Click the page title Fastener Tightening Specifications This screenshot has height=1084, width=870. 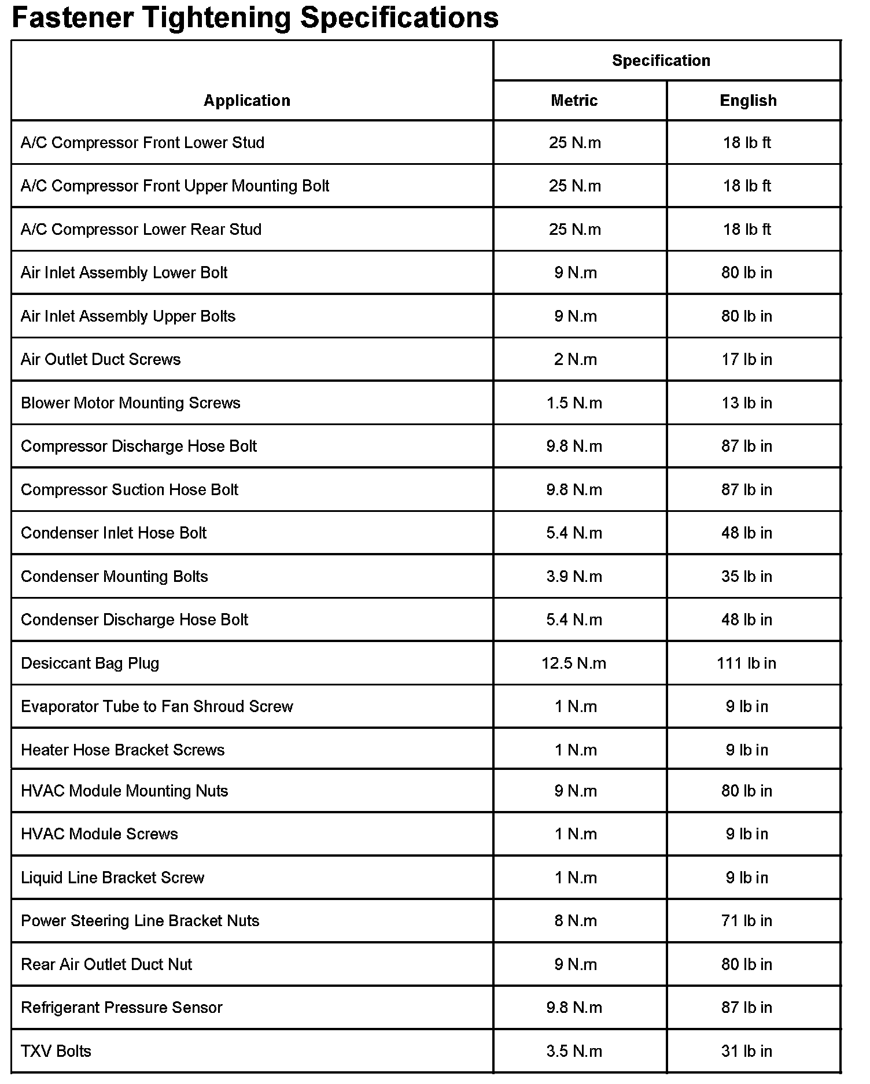point(255,17)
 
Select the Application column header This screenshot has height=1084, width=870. point(246,101)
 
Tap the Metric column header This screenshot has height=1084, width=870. point(574,101)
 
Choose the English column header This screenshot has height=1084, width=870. point(748,101)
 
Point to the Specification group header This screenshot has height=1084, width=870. point(661,61)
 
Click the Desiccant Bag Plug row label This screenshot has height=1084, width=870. point(90,663)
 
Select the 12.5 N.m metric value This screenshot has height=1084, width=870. point(574,663)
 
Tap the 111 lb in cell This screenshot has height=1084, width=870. point(746,663)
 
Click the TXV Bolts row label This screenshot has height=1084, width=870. point(56,1051)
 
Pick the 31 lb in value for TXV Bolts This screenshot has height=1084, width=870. point(746,1051)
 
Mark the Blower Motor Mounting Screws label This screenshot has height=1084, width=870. point(130,403)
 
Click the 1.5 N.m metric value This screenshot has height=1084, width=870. point(574,403)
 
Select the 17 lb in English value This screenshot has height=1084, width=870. point(746,359)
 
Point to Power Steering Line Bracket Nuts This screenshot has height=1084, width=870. point(140,921)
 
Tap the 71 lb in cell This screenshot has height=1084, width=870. point(746,921)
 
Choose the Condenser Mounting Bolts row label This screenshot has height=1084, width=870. point(114,576)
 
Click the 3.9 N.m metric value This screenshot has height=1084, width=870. point(574,576)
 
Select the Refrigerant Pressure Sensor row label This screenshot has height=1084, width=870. point(121,1008)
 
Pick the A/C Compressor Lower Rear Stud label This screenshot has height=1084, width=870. point(141,229)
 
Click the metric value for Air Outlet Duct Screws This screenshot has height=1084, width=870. point(575,359)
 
